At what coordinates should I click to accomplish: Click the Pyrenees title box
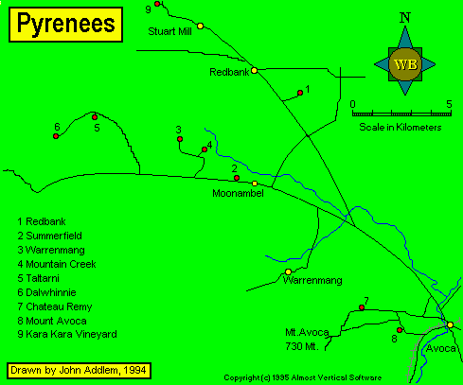(65, 25)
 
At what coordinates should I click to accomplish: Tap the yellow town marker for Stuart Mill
(200, 26)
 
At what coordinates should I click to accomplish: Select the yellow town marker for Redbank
(254, 70)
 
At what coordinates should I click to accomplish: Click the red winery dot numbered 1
(300, 93)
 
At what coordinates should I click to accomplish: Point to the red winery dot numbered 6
(56, 136)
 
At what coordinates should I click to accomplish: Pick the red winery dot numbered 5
(95, 117)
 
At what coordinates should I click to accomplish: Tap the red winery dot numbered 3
(180, 139)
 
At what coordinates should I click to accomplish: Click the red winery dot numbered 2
(237, 178)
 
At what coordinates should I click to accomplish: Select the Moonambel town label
(238, 193)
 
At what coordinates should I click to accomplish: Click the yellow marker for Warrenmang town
(288, 271)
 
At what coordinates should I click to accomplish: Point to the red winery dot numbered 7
(362, 307)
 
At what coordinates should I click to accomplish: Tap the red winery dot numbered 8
(400, 330)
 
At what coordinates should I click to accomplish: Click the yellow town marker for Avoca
(450, 324)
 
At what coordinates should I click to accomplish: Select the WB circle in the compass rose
(405, 64)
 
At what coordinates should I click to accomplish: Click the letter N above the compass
(405, 18)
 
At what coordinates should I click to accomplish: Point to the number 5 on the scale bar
(449, 104)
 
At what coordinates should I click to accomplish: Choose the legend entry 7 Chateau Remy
(55, 306)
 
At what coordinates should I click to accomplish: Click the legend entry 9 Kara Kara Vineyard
(67, 334)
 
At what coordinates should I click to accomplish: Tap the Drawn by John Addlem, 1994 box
(79, 371)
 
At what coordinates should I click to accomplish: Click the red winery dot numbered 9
(157, 4)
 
